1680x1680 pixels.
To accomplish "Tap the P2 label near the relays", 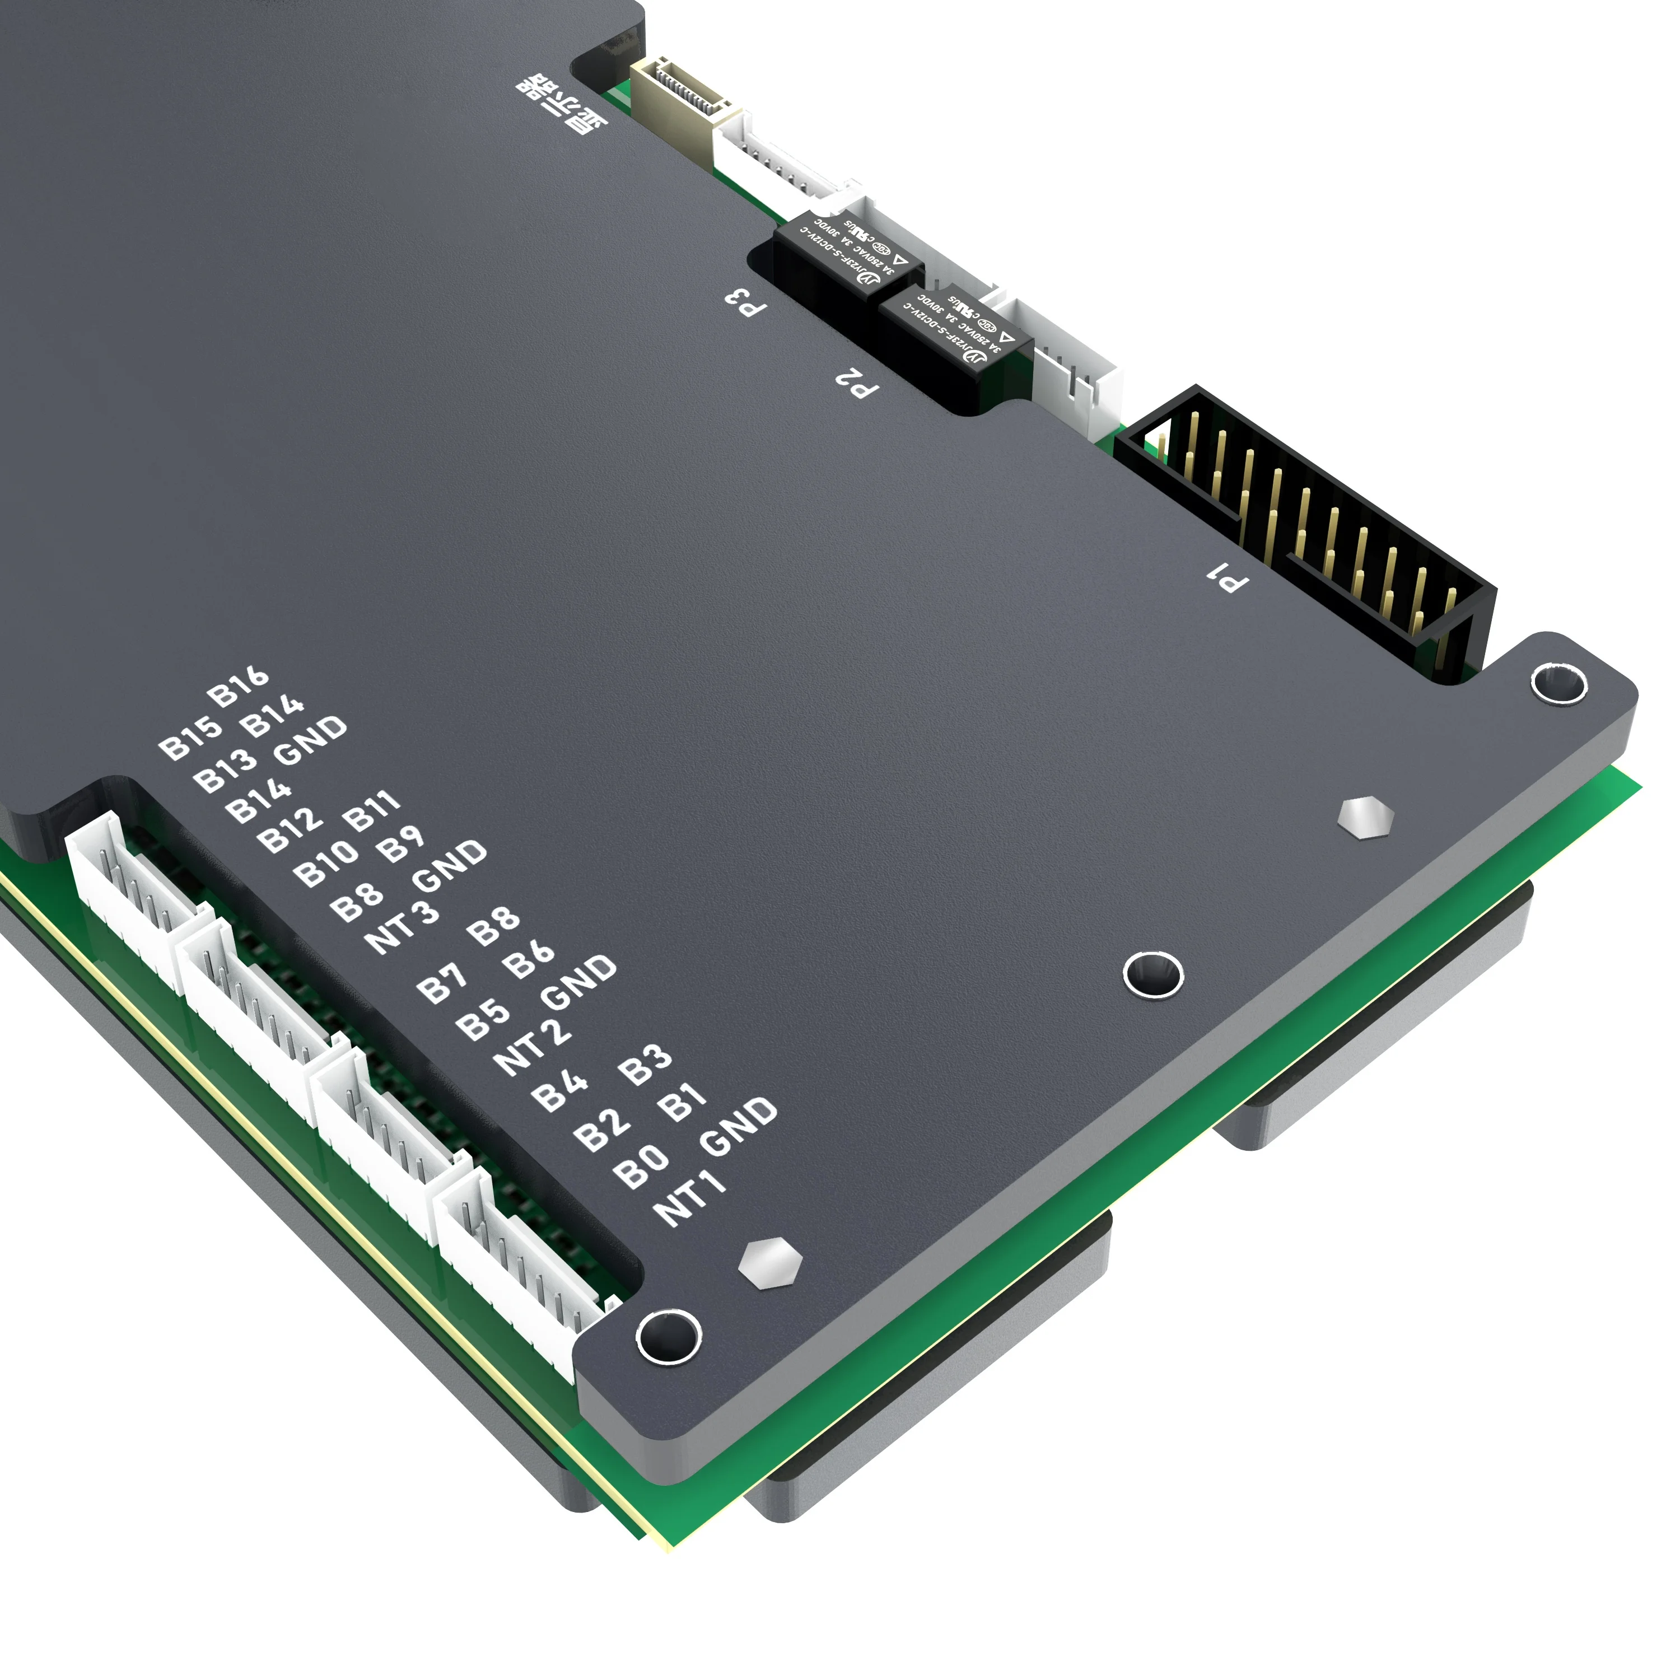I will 857,382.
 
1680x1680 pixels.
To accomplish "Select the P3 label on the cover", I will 746,301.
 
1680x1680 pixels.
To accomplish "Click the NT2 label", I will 532,1046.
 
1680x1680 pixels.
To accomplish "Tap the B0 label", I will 642,1165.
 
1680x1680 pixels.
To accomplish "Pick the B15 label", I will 190,738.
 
